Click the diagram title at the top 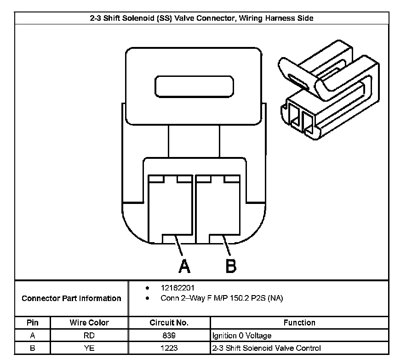[x=201, y=18]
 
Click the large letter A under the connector [x=184, y=266]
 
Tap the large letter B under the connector [x=230, y=266]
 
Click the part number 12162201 [x=174, y=288]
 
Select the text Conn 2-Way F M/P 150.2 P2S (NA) [x=222, y=298]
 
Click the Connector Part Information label [x=71, y=298]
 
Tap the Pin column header [x=32, y=323]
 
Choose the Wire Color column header [x=89, y=323]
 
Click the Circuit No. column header [x=169, y=323]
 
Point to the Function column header [x=299, y=323]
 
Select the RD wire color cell [x=89, y=336]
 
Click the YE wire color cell [x=89, y=348]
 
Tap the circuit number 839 [x=169, y=336]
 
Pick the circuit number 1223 [x=169, y=348]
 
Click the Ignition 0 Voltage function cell [x=242, y=336]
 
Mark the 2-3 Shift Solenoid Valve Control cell [x=266, y=348]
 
